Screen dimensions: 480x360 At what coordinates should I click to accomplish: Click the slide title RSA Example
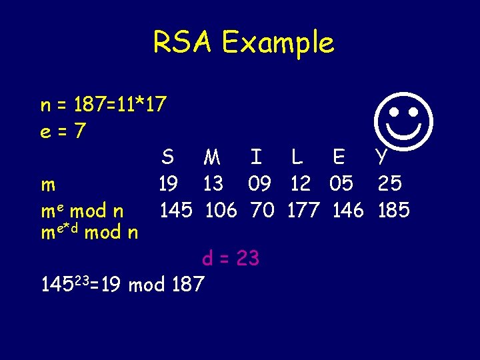coord(243,43)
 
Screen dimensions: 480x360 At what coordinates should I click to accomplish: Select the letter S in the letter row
coord(168,157)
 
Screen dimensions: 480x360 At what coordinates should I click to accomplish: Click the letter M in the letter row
coord(213,157)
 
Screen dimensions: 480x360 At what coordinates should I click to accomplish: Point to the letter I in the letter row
coord(256,157)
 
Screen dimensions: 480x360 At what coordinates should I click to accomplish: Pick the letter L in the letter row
coord(297,157)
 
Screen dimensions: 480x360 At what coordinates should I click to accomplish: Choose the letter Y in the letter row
coord(381,157)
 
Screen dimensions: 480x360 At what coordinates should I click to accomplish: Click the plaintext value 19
coord(168,183)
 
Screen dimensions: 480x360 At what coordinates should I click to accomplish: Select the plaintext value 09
coord(259,183)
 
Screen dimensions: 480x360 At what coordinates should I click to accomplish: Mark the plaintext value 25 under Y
coord(389,183)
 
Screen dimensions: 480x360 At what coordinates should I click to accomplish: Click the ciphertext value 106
coord(221,211)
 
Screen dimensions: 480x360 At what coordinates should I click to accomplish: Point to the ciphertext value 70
coord(262,211)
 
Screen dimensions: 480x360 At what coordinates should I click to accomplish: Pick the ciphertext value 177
coord(303,211)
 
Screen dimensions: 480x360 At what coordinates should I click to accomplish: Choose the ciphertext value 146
coord(348,211)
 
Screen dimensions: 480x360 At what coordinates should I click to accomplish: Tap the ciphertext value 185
coord(393,211)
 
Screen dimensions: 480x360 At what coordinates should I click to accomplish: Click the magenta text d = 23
coord(230,257)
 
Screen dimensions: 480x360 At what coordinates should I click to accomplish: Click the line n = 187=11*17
coord(103,105)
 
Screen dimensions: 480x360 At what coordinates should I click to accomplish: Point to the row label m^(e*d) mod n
coord(89,233)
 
